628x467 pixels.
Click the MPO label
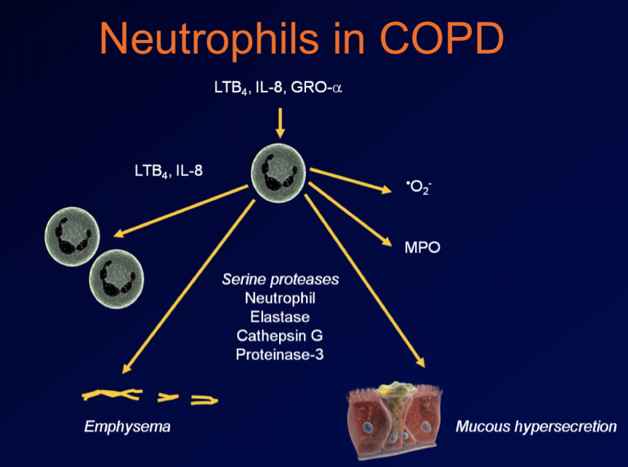point(422,247)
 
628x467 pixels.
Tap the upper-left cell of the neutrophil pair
point(72,236)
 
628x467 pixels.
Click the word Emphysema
point(127,426)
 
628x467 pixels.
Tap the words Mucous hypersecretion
point(536,426)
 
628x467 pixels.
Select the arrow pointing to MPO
point(348,214)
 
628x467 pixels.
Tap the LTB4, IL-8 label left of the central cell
point(169,174)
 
